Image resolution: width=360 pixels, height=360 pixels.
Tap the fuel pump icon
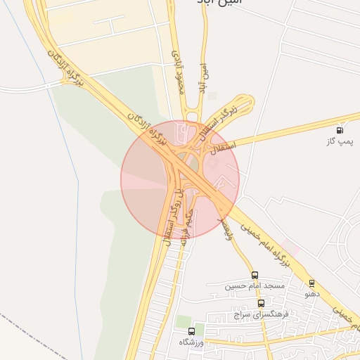click(x=340, y=130)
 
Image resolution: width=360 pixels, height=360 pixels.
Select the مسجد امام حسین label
click(x=255, y=286)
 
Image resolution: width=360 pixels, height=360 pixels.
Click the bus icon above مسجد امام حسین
click(x=255, y=275)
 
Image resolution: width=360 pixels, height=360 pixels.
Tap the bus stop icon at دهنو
click(x=311, y=283)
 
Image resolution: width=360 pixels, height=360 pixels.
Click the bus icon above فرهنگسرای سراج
click(x=262, y=303)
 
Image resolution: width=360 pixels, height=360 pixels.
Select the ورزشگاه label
click(x=191, y=342)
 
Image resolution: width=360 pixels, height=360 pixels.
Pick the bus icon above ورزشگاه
click(x=191, y=330)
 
